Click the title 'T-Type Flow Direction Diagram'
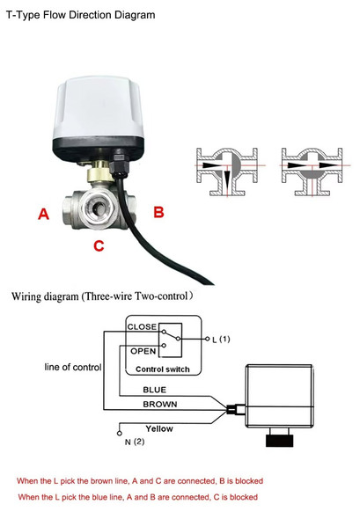point(80,15)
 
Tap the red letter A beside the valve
point(41,213)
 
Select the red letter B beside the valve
point(158,211)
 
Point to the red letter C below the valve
point(99,246)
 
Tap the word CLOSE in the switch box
point(143,326)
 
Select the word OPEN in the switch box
point(143,349)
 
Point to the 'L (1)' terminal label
point(221,339)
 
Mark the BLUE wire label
point(154,390)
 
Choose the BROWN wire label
point(159,405)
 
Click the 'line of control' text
point(72,367)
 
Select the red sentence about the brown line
point(140,481)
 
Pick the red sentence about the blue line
point(137,497)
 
